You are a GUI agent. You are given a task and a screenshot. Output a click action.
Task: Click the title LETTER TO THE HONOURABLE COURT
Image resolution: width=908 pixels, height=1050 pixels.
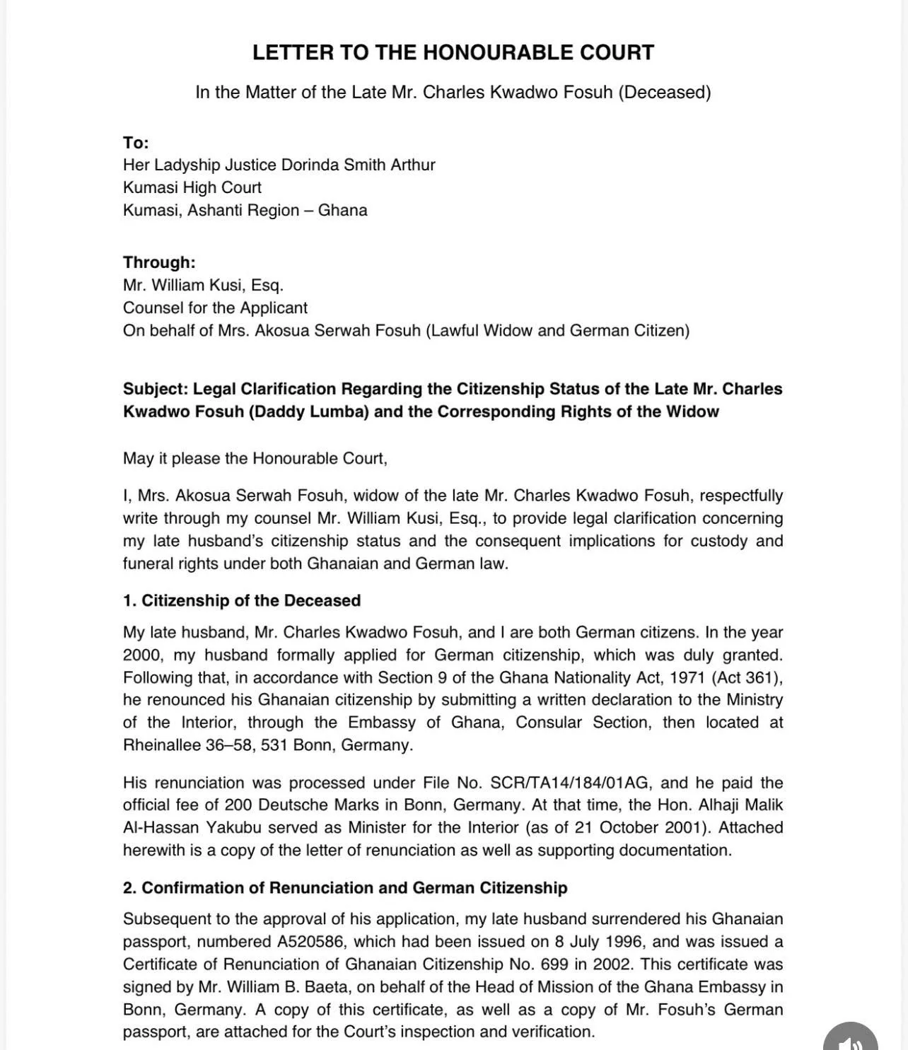point(453,52)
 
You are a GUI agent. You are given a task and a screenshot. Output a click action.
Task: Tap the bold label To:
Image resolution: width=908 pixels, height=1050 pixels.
point(136,143)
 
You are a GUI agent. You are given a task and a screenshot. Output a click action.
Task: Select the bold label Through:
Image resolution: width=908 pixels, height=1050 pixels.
point(159,262)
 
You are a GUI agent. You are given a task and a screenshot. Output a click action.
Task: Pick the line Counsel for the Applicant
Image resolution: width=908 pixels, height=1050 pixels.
point(215,308)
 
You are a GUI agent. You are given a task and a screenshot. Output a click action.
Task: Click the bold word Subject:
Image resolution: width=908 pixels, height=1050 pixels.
point(156,390)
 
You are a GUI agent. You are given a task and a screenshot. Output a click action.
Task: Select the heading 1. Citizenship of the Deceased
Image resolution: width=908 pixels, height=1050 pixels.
point(242,601)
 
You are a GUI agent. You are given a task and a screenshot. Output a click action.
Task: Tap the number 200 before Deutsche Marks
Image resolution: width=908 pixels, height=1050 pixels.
point(239,805)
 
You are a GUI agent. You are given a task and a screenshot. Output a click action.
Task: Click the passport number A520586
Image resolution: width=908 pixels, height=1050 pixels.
point(308,942)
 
